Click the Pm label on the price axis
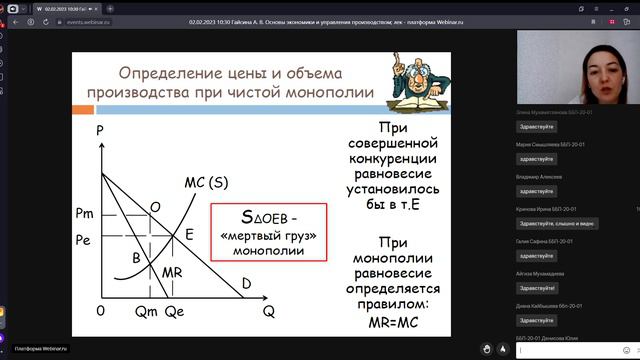coord(84,214)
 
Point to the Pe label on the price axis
coord(84,241)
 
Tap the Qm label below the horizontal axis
coord(147,312)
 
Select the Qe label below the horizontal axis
coord(176,312)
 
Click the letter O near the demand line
coord(155,206)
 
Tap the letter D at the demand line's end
coord(246,284)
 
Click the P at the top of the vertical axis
coord(100,131)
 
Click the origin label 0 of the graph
coord(100,311)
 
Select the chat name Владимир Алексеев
coord(540,176)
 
